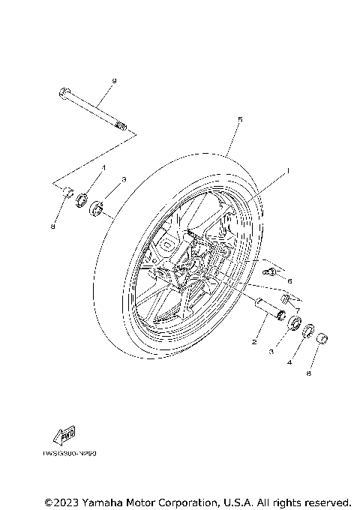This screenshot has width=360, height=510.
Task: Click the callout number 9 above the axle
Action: [x=115, y=80]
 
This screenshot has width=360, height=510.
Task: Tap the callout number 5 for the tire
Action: [x=239, y=120]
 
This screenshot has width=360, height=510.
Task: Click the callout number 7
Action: [x=297, y=309]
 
